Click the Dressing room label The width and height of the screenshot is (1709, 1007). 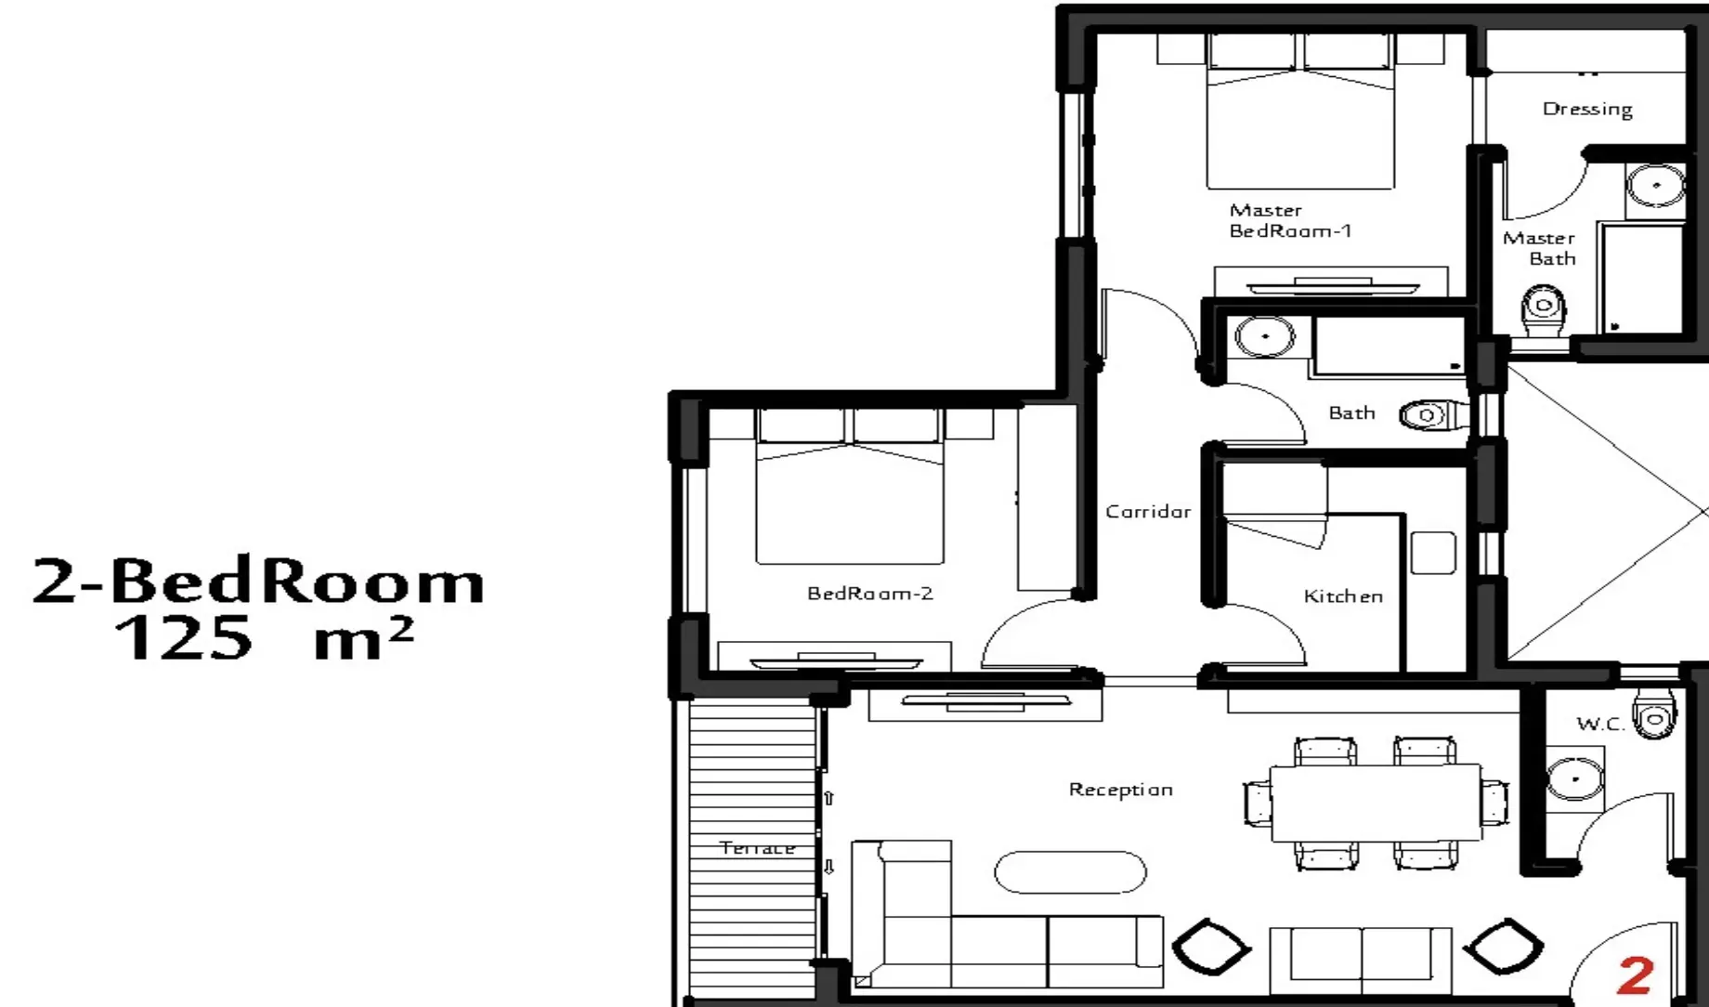click(1587, 110)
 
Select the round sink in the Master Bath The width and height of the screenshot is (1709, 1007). click(1656, 186)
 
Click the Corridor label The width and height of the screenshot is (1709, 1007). click(1148, 511)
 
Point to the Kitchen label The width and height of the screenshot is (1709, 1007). click(1343, 595)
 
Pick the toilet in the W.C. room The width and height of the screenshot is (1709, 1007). click(1655, 714)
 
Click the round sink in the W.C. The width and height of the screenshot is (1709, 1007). click(1574, 778)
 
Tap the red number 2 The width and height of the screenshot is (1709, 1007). click(1636, 975)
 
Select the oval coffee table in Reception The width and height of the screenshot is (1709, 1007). click(1070, 872)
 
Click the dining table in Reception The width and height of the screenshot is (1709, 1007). click(1376, 803)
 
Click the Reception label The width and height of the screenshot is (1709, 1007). click(1120, 790)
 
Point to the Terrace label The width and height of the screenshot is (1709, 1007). click(757, 847)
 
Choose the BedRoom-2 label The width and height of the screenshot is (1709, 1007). click(869, 593)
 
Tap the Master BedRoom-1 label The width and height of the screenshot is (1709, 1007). click(1290, 220)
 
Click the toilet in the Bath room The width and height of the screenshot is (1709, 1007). click(1433, 414)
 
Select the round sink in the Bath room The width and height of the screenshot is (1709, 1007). click(1264, 336)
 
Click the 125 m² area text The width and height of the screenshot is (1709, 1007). click(263, 637)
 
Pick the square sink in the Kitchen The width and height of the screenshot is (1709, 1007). click(1433, 552)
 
